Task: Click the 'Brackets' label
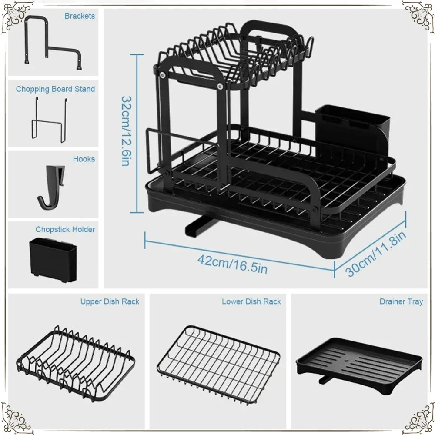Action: pos(80,16)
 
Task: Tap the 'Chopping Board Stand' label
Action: pos(55,89)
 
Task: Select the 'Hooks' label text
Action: pos(84,159)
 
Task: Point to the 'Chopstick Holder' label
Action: pos(65,229)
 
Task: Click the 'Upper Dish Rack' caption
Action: pos(110,301)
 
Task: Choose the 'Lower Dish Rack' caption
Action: pos(251,301)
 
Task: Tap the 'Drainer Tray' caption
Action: pos(401,301)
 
